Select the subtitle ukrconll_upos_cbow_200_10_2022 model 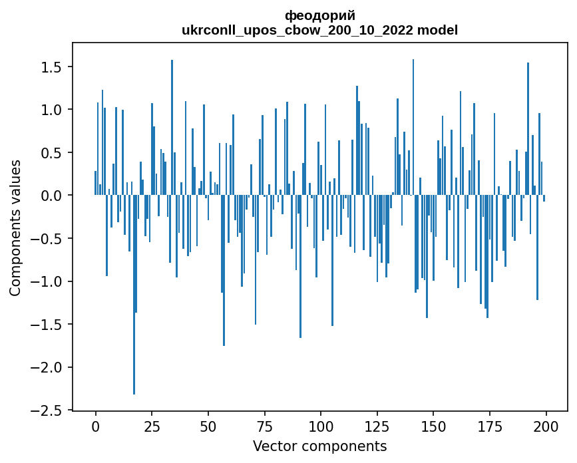click(x=319, y=30)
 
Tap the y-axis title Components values click(x=15, y=228)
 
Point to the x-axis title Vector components click(x=319, y=446)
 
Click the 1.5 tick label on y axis click(x=51, y=67)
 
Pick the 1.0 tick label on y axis click(x=51, y=110)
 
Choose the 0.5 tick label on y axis click(x=51, y=153)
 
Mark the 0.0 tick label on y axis click(x=51, y=196)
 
